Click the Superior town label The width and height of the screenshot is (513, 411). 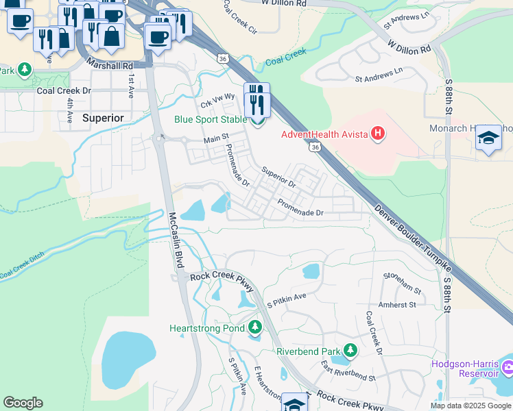pyautogui.click(x=103, y=118)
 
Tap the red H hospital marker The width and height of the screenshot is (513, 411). pyautogui.click(x=377, y=134)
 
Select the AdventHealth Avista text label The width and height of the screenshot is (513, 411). pyautogui.click(x=324, y=134)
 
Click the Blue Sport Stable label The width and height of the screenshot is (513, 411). pyautogui.click(x=211, y=119)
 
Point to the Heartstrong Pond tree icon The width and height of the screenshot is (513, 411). pyautogui.click(x=255, y=328)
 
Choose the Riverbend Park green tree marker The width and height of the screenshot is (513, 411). pyautogui.click(x=350, y=351)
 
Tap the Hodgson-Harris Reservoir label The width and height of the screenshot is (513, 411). pyautogui.click(x=464, y=369)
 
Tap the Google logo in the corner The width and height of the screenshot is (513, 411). pyautogui.click(x=23, y=403)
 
